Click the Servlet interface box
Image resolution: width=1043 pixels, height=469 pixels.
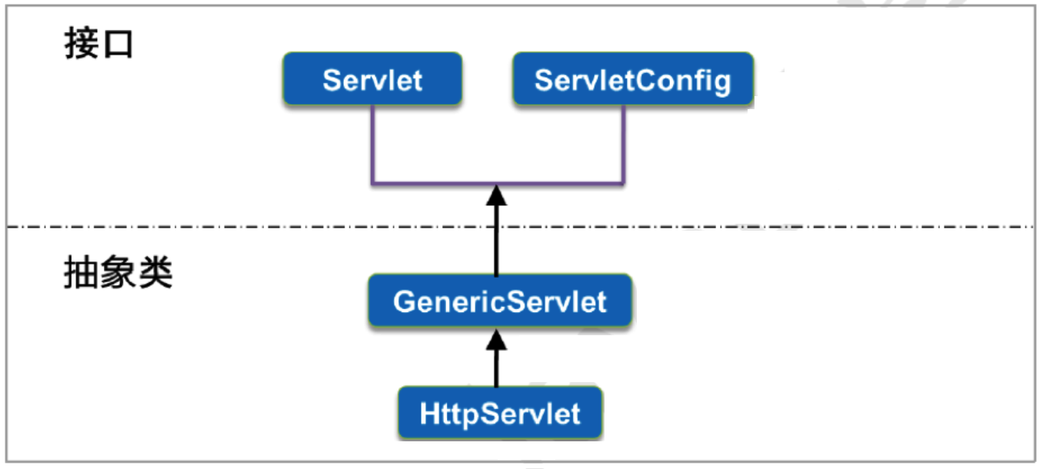pyautogui.click(x=372, y=79)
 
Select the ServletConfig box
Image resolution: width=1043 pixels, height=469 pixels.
pyautogui.click(x=632, y=79)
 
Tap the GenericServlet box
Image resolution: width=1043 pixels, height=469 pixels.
pyautogui.click(x=500, y=301)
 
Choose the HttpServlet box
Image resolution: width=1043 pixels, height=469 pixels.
pyautogui.click(x=500, y=414)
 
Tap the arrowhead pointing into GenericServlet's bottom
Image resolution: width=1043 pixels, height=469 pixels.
pyautogui.click(x=497, y=338)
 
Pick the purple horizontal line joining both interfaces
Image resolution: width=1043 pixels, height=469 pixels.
pyautogui.click(x=431, y=184)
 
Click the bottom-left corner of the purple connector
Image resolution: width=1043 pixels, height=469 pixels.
pyautogui.click(x=372, y=184)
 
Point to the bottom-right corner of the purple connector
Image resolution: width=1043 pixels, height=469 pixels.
pyautogui.click(x=623, y=184)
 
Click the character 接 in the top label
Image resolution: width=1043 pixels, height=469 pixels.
pyautogui.click(x=81, y=45)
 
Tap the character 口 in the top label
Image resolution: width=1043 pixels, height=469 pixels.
pyautogui.click(x=118, y=45)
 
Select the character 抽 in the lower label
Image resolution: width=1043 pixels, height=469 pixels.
pyautogui.click(x=81, y=273)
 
